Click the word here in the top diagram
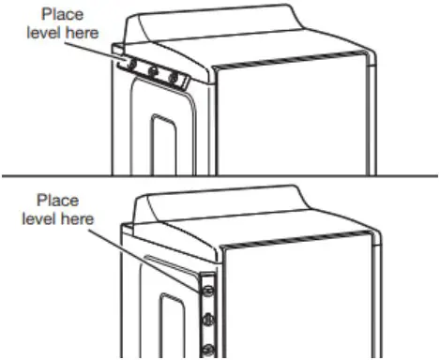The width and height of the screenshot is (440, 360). [x=96, y=35]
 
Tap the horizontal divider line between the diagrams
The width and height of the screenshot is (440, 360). [x=220, y=176]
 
